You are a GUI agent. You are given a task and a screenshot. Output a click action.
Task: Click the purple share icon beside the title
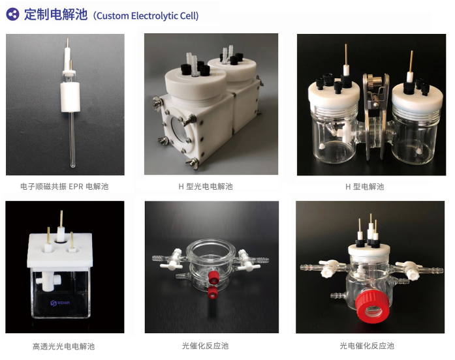13,14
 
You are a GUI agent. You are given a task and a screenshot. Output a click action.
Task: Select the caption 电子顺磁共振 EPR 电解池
65,187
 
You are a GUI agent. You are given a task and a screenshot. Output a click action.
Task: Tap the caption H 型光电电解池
206,187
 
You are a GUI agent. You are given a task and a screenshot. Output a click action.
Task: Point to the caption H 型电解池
364,187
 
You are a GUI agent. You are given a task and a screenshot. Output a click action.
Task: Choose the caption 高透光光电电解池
63,346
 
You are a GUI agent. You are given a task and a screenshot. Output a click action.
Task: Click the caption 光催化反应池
205,346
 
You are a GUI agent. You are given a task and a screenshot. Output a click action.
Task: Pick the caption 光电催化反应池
367,346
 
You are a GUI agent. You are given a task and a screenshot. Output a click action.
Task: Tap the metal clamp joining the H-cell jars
375,116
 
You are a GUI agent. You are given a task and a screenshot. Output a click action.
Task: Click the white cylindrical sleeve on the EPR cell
70,97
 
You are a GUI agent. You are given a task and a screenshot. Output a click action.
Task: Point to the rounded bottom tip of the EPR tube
72,166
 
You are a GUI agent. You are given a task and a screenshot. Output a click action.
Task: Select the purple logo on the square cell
60,303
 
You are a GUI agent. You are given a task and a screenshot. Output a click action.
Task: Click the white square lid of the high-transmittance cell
60,250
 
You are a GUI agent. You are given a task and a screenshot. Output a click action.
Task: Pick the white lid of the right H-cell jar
417,97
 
